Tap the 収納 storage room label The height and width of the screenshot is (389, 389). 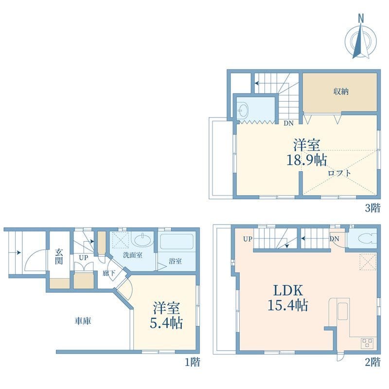coord(340,91)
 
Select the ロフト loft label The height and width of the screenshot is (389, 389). coord(339,173)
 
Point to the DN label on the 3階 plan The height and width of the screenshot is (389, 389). coord(289,124)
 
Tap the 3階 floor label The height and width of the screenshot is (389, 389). coord(372,209)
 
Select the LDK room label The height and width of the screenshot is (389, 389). coord(288,291)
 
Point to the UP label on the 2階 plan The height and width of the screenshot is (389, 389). coord(248,239)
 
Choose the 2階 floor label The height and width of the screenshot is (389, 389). coord(372,362)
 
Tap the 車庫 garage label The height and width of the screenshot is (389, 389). coord(83,321)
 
